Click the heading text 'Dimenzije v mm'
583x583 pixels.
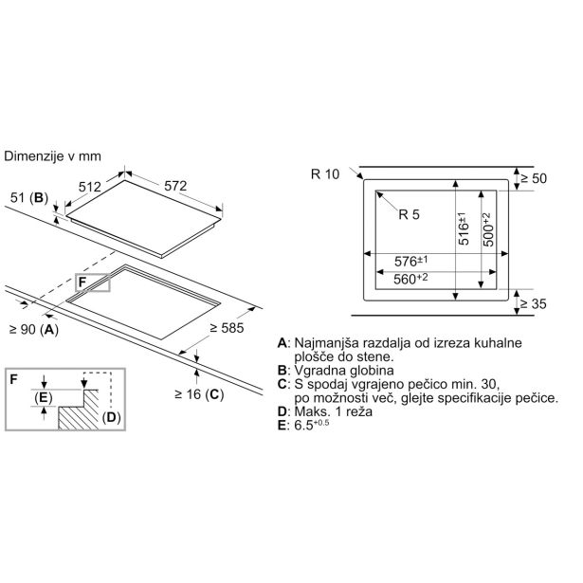coord(52,156)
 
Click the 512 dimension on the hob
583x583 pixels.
coord(90,187)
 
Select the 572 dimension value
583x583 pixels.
coord(175,186)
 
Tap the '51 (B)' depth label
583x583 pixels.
coord(29,198)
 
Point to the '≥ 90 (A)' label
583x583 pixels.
coord(34,330)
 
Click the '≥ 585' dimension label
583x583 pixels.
coord(227,328)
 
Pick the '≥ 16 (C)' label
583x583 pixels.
coord(199,394)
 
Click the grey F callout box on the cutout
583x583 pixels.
coord(93,282)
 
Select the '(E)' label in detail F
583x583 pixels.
coord(43,398)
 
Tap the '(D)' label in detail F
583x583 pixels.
coord(112,417)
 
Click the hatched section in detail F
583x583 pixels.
coord(79,410)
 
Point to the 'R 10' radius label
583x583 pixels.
coord(325,174)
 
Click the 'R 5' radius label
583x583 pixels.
coord(409,214)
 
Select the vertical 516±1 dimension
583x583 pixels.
coord(463,228)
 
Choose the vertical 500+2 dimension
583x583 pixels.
coord(488,229)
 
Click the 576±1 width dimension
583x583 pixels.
coord(410,261)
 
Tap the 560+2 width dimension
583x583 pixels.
coord(410,279)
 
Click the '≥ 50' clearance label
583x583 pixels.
coord(533,178)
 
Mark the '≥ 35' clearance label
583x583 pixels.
coord(533,304)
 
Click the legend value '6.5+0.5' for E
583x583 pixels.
coord(312,425)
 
